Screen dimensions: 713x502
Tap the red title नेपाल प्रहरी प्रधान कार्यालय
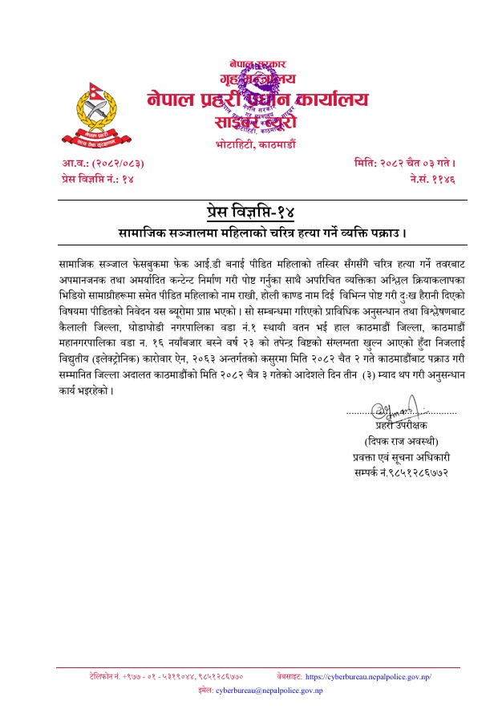[258, 100]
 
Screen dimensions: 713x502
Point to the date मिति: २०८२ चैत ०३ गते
[405, 164]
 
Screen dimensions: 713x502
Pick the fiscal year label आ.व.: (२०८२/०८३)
[103, 164]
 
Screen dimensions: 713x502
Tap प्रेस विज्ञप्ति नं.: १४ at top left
[97, 180]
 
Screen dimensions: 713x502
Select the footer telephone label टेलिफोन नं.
[105, 677]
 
